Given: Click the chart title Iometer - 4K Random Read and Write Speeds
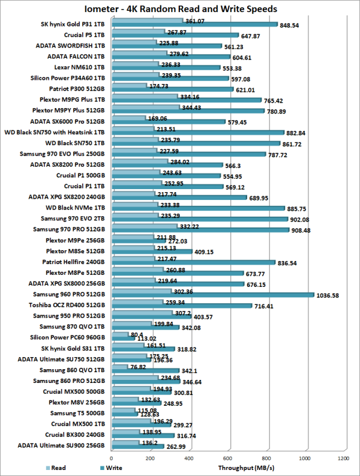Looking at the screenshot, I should [x=180, y=9].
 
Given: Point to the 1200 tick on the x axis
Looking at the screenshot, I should [x=343, y=458].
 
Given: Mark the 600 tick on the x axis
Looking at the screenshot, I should [x=227, y=458].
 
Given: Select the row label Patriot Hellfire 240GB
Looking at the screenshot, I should [x=74, y=262].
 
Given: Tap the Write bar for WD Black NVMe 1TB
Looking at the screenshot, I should [x=198, y=208].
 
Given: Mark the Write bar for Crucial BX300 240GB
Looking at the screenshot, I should [x=142, y=435].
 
